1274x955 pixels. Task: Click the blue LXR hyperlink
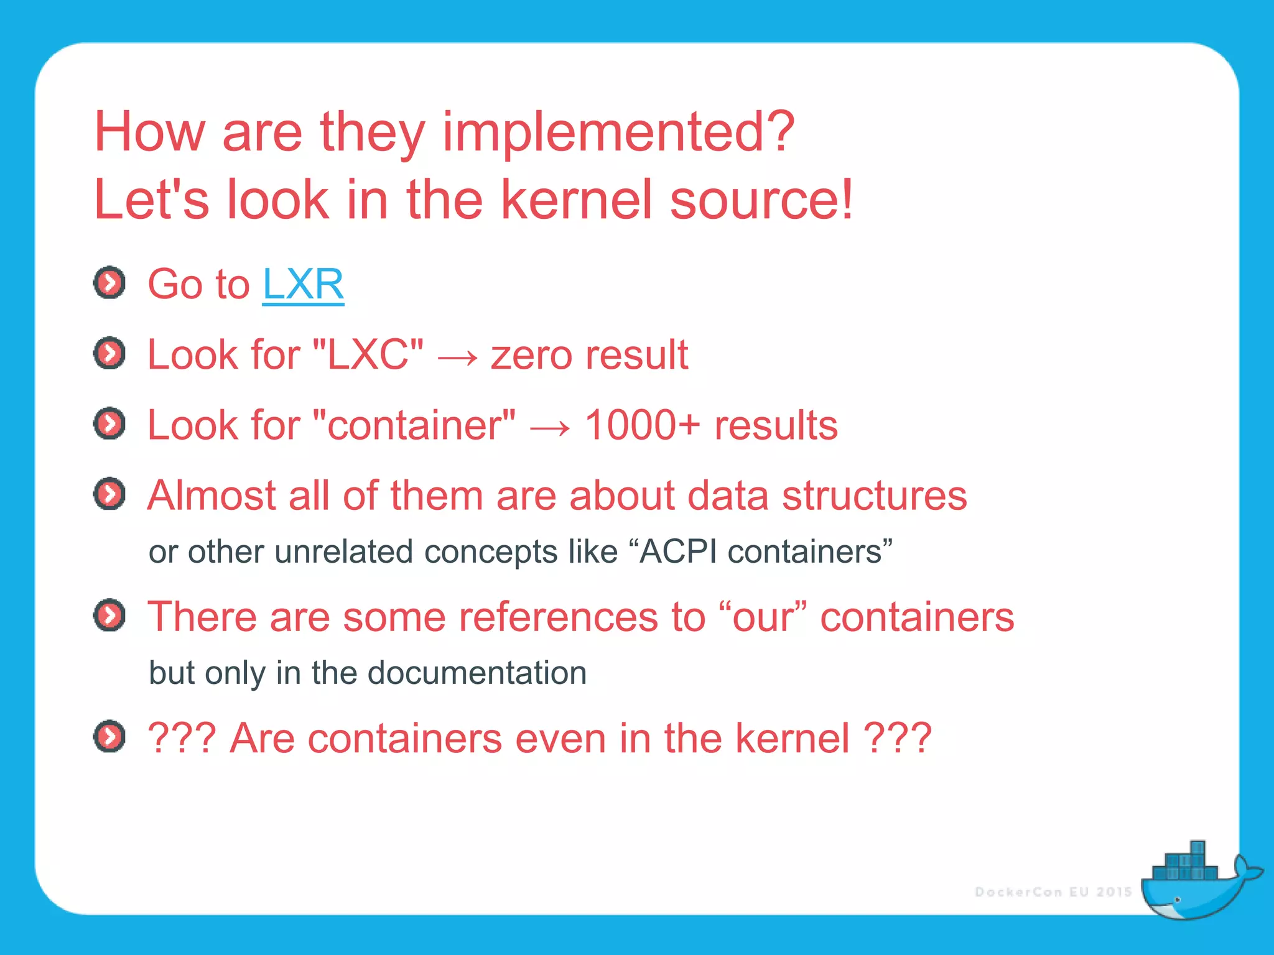(303, 284)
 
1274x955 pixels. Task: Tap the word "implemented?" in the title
(618, 132)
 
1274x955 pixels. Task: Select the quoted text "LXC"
(368, 355)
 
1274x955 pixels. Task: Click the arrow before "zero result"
(458, 358)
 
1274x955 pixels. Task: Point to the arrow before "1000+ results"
(550, 428)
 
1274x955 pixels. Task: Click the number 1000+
(642, 425)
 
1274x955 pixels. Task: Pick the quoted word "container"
(414, 425)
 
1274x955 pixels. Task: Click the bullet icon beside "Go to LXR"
(109, 284)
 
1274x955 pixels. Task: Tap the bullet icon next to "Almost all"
(109, 494)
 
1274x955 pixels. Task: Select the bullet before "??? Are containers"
(109, 737)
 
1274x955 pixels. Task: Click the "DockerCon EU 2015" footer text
(1053, 892)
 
